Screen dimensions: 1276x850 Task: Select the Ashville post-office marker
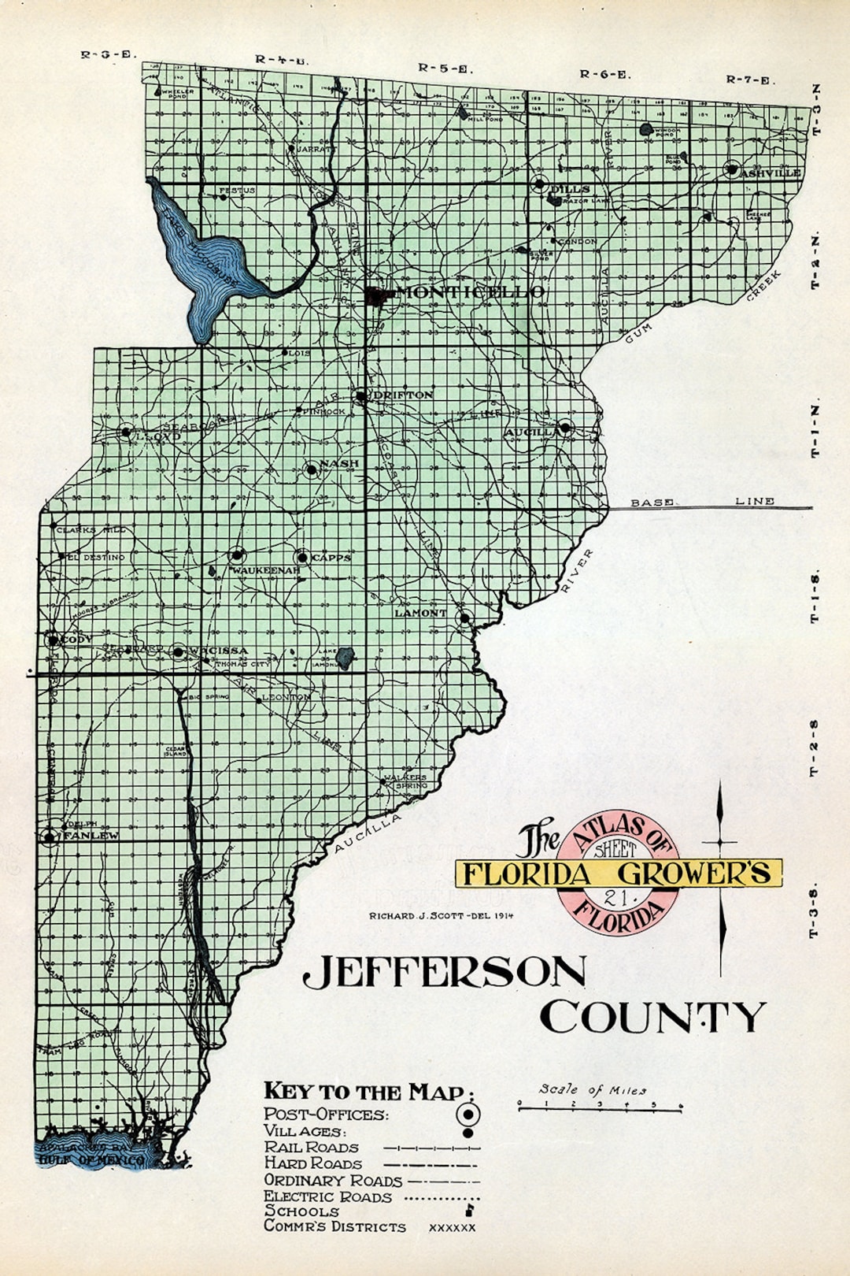pos(732,169)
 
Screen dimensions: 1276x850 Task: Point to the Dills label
pos(571,189)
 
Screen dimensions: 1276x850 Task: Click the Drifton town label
pos(403,395)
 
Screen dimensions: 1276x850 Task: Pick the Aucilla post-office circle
pos(565,428)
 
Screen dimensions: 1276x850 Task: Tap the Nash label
pos(339,463)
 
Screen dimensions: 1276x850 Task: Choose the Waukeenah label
pos(264,569)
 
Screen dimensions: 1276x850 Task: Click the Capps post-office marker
pos(302,558)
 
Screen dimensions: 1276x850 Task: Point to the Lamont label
pos(420,613)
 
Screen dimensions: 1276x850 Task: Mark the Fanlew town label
pos(91,835)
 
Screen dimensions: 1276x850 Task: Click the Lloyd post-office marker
pos(126,432)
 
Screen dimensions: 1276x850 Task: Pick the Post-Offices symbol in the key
pos(468,1114)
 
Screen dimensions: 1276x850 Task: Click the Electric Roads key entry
pos(327,1196)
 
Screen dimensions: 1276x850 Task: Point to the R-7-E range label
pos(749,80)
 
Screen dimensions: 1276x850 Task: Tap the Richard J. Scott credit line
pos(441,916)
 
